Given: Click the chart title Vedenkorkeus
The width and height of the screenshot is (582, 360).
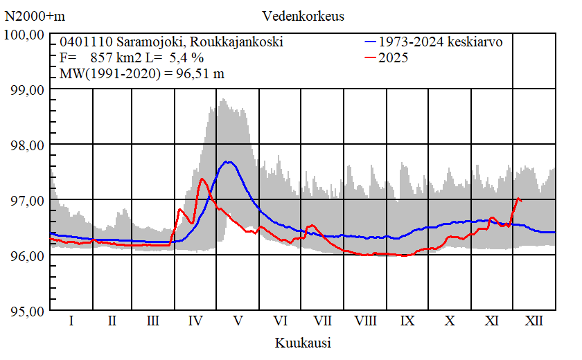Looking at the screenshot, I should [303, 16].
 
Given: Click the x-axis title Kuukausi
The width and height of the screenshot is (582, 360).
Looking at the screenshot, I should [303, 343].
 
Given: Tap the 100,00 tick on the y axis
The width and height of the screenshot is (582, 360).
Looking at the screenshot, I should [26, 35].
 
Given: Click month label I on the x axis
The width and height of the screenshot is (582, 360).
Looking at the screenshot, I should [71, 321].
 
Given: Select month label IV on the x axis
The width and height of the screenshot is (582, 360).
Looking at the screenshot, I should [195, 321].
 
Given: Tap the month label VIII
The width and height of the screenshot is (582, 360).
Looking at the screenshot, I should [365, 321].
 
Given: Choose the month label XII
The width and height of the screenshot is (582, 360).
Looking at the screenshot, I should [534, 321].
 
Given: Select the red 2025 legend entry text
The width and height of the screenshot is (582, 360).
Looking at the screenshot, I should [394, 58].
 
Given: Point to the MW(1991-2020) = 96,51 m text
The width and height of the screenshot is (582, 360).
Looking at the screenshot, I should [141, 74].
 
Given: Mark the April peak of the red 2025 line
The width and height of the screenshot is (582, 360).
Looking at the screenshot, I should [202, 179].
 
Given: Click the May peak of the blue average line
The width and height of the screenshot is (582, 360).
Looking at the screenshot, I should [227, 161].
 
